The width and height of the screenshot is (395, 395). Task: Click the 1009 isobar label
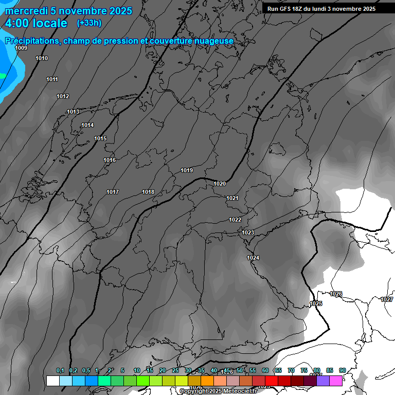(x=21, y=48)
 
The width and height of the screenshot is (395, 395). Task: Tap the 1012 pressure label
(x=63, y=96)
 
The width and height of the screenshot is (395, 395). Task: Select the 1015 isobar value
(x=100, y=138)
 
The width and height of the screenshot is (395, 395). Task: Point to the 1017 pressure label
(x=113, y=192)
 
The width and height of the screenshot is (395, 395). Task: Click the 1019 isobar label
(x=187, y=170)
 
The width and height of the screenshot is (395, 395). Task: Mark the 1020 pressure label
(x=220, y=184)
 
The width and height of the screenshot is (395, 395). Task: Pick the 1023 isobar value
(x=248, y=232)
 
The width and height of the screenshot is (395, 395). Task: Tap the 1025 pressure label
(x=316, y=303)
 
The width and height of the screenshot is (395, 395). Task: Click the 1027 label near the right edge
(x=387, y=299)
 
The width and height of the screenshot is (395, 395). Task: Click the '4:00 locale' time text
(x=36, y=23)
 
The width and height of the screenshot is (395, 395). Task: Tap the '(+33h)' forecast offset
(x=89, y=23)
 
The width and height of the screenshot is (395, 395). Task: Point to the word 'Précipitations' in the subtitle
(x=31, y=41)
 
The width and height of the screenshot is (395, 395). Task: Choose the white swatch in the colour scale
(x=52, y=381)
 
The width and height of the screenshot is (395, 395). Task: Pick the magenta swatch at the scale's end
(x=336, y=381)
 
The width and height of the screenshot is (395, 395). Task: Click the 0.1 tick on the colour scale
(x=60, y=370)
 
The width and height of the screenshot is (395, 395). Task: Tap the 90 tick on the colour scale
(x=342, y=370)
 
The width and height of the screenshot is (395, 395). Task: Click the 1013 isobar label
(x=73, y=112)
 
